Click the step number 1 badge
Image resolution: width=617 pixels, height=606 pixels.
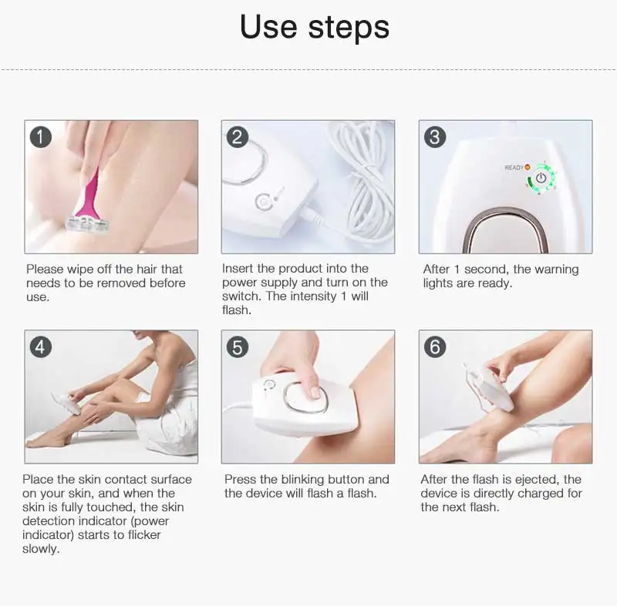point(41,137)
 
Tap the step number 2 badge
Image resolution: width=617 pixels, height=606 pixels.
point(238,137)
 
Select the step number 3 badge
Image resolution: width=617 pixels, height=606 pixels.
point(435,137)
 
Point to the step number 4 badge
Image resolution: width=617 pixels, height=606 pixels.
point(41,347)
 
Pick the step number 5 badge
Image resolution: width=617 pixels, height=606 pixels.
point(238,347)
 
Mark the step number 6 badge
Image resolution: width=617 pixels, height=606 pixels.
point(435,347)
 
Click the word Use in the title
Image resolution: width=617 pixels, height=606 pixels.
point(268,27)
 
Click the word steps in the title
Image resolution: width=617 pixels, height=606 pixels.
point(349,28)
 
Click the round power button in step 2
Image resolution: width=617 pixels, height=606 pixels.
point(262,202)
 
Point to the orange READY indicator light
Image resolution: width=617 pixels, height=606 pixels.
point(528,167)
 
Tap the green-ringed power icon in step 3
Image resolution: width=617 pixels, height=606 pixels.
point(541,178)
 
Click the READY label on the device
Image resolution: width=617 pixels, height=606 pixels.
point(514,168)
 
